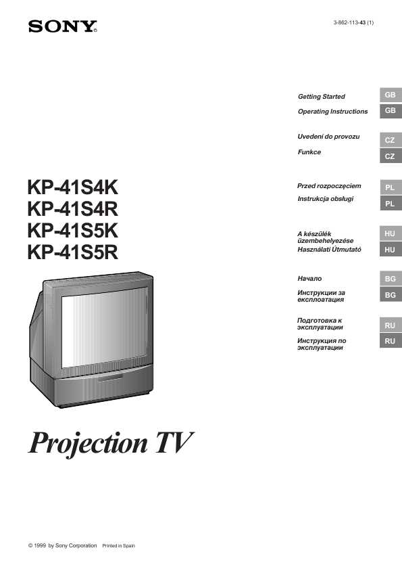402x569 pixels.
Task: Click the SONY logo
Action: pyautogui.click(x=63, y=27)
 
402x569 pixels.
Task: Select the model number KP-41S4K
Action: pyautogui.click(x=72, y=187)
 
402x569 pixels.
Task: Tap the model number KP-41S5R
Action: pyautogui.click(x=72, y=252)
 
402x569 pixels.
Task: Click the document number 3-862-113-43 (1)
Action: pyautogui.click(x=353, y=22)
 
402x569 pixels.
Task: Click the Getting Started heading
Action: pyautogui.click(x=321, y=97)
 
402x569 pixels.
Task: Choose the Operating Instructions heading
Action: pyautogui.click(x=332, y=112)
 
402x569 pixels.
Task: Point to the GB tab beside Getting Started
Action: pyautogui.click(x=391, y=95)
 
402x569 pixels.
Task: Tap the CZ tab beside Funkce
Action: pyautogui.click(x=391, y=156)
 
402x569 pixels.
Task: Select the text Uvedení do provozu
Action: pyautogui.click(x=328, y=137)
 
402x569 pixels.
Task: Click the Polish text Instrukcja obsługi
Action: pyautogui.click(x=325, y=198)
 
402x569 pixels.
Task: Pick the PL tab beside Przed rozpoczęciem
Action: pyautogui.click(x=391, y=187)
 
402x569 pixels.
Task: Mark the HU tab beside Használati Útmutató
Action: pyautogui.click(x=391, y=250)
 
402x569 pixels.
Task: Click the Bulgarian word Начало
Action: pyautogui.click(x=309, y=278)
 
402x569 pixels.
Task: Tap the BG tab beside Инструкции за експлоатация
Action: pyautogui.click(x=391, y=295)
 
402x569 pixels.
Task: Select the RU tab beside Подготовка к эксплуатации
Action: pyautogui.click(x=391, y=325)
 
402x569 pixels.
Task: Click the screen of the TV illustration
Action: pyautogui.click(x=105, y=327)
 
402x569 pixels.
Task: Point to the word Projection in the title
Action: pyautogui.click(x=88, y=443)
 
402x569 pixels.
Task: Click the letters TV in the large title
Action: pyautogui.click(x=174, y=442)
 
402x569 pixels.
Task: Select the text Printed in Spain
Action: pyautogui.click(x=118, y=545)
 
